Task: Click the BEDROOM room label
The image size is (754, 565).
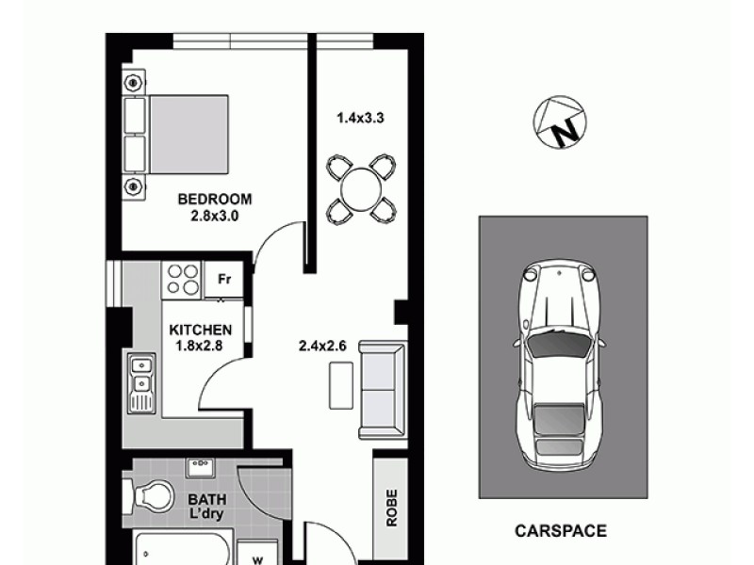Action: tap(216, 199)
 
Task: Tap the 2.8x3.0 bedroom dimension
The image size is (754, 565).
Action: tap(216, 214)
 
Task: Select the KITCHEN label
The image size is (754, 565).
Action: tap(200, 330)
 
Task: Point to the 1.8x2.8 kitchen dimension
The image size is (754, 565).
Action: tap(200, 345)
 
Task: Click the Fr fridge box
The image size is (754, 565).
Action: tap(224, 280)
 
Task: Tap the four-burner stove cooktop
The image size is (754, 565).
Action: tap(183, 280)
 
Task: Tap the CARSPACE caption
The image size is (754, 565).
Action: tap(560, 531)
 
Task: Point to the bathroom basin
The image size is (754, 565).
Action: tap(201, 468)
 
